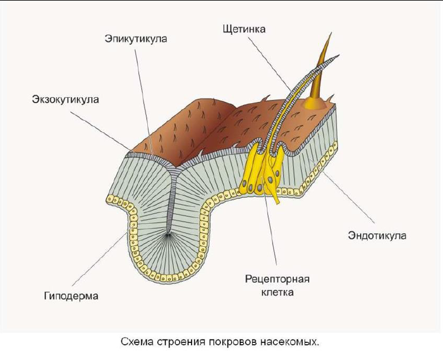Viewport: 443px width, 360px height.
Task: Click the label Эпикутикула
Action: [x=136, y=39]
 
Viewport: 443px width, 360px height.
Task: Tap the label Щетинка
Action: [x=244, y=29]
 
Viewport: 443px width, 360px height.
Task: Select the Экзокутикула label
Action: [x=65, y=100]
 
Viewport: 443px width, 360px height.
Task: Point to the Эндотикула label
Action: [x=377, y=236]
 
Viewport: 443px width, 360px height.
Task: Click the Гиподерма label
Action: [x=71, y=296]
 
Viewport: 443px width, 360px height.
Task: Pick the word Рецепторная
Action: [x=277, y=279]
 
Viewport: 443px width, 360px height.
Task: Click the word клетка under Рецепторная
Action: [x=277, y=292]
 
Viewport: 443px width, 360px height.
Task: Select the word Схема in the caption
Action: [x=138, y=342]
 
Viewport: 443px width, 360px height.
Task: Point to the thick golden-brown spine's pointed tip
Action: [x=332, y=32]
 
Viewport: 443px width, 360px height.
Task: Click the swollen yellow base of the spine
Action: [x=315, y=104]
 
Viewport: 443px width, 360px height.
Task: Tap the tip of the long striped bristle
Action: [x=339, y=55]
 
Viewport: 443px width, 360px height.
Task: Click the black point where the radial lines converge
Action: [x=168, y=235]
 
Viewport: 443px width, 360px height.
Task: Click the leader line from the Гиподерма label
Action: [x=100, y=256]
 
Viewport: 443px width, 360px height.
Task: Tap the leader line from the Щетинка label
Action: [x=270, y=64]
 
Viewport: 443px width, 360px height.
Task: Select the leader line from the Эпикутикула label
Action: [x=144, y=101]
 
